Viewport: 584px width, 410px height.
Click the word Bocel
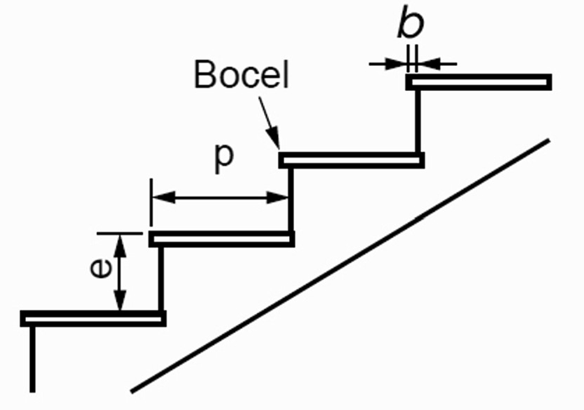click(x=241, y=75)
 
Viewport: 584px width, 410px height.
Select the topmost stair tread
click(x=478, y=82)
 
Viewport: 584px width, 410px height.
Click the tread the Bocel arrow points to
click(x=351, y=159)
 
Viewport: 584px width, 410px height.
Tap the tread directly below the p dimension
click(x=221, y=239)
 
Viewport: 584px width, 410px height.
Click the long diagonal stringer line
click(x=340, y=265)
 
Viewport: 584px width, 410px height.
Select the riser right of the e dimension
click(x=160, y=279)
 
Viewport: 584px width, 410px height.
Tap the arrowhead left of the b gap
click(x=399, y=63)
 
